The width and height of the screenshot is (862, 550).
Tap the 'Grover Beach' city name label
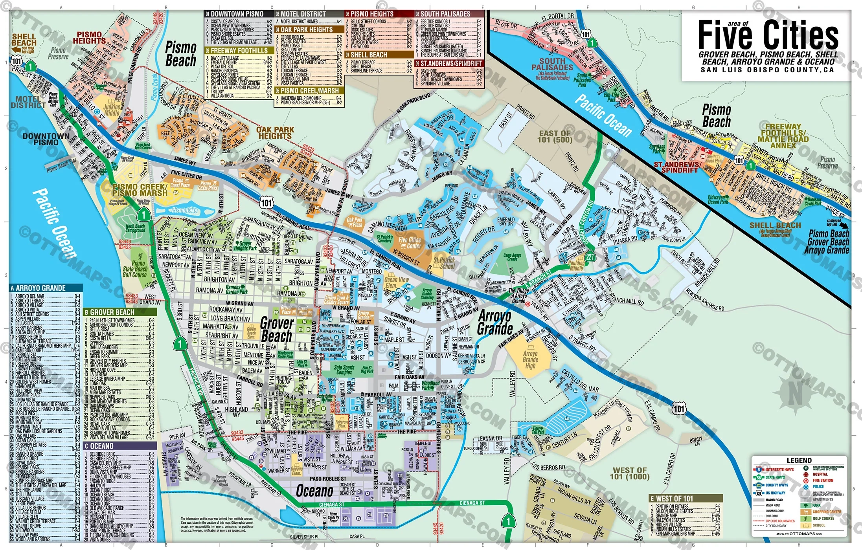(277, 330)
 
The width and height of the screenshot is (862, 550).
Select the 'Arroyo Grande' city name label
(495, 323)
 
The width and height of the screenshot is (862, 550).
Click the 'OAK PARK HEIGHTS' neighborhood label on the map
(275, 133)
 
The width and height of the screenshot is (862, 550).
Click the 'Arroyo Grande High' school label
(530, 359)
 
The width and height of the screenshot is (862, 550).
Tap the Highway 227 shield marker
(590, 257)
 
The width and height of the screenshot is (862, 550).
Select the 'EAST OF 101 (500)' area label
(555, 137)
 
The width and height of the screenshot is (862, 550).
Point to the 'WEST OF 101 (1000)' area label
(629, 473)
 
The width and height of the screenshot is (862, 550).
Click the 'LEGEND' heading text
(799, 460)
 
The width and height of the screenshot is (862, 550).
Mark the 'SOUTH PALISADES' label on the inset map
(552, 64)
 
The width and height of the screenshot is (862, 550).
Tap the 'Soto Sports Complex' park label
(344, 370)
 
